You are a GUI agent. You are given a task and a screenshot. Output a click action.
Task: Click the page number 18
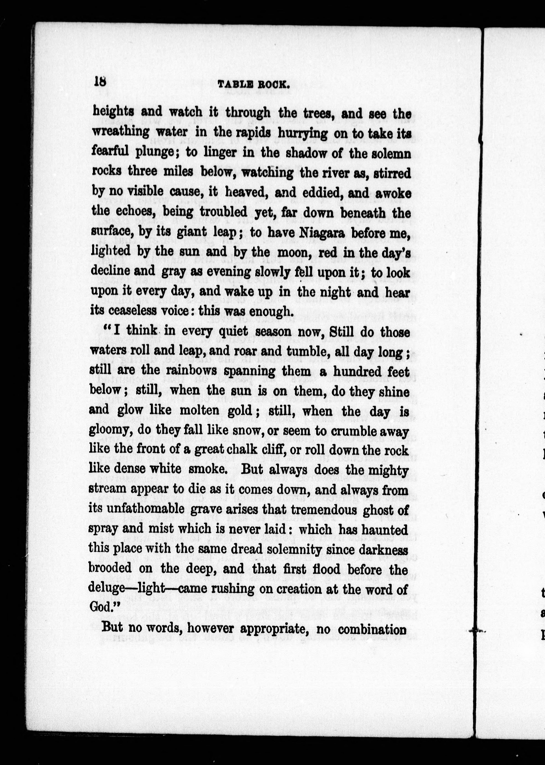pos(100,82)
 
